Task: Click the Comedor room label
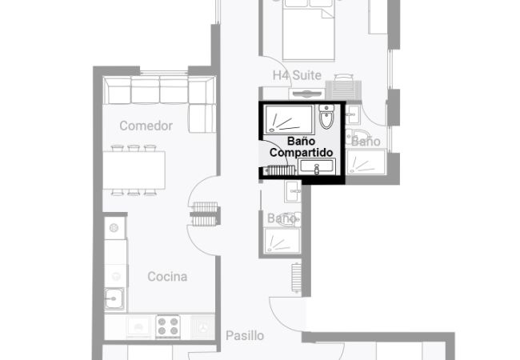(x=146, y=126)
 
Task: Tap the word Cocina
(x=167, y=276)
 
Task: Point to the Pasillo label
(x=245, y=335)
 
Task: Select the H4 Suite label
(x=297, y=75)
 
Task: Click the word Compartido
(x=301, y=153)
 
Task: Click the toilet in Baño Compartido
(x=326, y=116)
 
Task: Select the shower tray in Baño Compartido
(x=289, y=119)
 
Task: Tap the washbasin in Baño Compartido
(x=317, y=166)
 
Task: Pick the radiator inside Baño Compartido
(x=281, y=170)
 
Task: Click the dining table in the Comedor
(x=134, y=170)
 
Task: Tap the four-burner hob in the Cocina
(x=168, y=326)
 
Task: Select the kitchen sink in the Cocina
(x=114, y=298)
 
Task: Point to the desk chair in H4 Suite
(x=344, y=78)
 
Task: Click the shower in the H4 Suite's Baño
(x=366, y=162)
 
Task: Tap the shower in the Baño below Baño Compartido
(x=282, y=241)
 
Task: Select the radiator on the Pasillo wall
(x=296, y=278)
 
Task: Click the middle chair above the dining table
(x=134, y=148)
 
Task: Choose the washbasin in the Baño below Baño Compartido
(x=293, y=191)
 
